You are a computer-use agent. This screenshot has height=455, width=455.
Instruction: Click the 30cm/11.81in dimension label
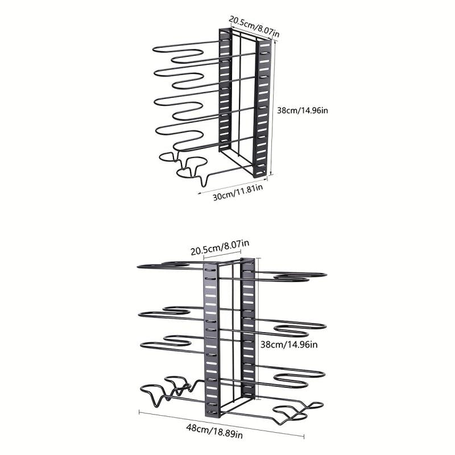click(x=238, y=192)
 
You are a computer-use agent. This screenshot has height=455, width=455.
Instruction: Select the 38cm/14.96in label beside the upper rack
click(x=303, y=110)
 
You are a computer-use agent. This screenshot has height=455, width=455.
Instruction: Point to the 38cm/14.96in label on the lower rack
click(x=289, y=345)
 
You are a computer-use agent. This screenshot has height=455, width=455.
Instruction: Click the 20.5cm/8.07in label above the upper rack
click(x=254, y=26)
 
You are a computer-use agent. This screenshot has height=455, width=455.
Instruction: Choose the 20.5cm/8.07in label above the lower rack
click(x=220, y=247)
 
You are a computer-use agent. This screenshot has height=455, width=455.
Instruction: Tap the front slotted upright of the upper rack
click(x=262, y=109)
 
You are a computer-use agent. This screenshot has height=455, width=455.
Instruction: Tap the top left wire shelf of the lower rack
click(x=171, y=266)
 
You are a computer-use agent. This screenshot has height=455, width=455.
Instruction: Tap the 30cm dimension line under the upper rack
click(x=232, y=186)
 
